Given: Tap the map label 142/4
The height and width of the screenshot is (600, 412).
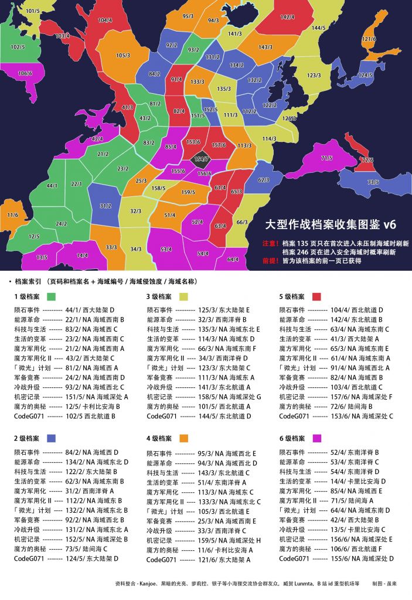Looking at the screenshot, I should click(288, 18).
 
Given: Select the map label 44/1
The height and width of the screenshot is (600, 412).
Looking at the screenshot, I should click(52, 186).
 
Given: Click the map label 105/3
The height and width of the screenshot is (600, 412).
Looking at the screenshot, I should click(123, 56).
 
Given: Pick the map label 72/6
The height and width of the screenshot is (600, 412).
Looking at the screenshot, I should click(367, 160).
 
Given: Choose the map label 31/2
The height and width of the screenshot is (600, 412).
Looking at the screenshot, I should click(105, 206).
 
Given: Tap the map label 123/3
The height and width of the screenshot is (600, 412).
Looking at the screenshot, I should click(314, 76).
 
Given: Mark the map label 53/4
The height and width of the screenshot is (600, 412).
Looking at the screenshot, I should click(166, 250).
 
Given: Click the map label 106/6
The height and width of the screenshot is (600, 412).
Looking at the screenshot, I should click(25, 74).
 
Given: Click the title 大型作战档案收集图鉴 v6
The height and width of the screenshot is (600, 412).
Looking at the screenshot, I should click(331, 224).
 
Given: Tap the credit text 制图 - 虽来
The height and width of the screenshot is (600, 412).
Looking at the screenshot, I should click(385, 584).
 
